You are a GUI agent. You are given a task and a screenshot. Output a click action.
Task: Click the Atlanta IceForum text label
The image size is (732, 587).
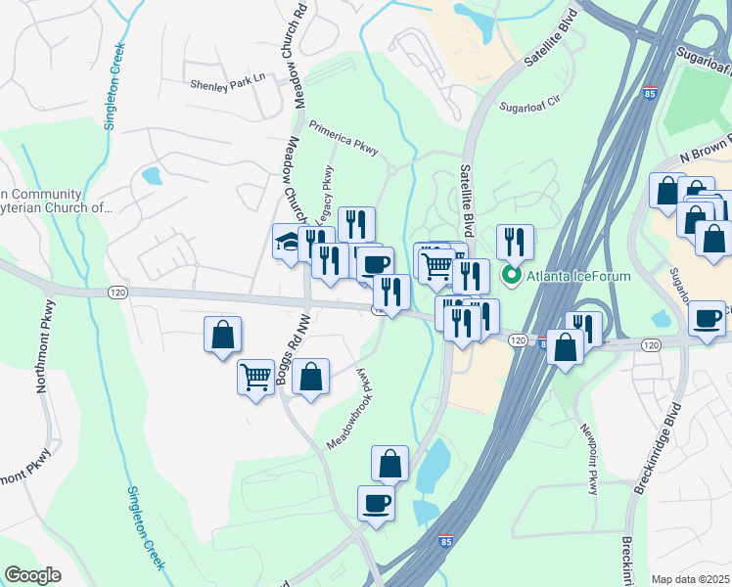tap(578, 276)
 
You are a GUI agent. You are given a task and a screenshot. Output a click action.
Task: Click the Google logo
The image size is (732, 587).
tap(32, 575)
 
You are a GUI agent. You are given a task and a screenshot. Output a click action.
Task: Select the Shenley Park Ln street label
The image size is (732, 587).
tap(228, 85)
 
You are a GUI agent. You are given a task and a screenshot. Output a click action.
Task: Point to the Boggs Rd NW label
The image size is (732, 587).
tap(287, 356)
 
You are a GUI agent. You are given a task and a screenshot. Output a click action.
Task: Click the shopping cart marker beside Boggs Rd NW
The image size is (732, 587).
tap(255, 376)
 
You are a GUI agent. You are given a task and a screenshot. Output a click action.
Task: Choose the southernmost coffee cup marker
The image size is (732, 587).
tap(376, 503)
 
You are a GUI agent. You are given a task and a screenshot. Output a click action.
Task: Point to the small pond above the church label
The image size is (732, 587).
tap(152, 177)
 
